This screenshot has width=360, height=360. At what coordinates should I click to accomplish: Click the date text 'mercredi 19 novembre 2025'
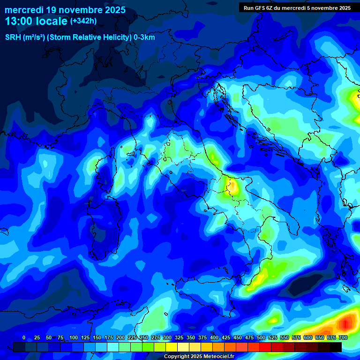point(65,10)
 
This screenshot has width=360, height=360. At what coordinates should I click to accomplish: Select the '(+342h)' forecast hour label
point(83,21)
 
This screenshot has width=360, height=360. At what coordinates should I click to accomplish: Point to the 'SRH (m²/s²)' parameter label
point(25,37)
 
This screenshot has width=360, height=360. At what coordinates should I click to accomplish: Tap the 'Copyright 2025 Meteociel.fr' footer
point(199,357)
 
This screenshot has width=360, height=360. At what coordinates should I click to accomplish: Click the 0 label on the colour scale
point(24,337)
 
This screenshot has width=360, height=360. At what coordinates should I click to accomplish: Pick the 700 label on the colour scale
point(343,337)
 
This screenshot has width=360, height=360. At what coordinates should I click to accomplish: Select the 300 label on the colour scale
point(167,337)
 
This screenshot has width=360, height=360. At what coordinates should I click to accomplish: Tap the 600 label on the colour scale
point(307,337)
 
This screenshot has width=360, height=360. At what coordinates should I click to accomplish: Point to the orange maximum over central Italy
point(232,187)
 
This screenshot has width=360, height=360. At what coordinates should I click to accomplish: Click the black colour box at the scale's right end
point(335,347)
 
